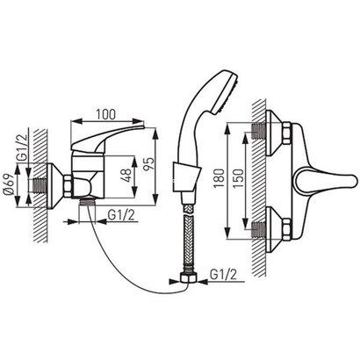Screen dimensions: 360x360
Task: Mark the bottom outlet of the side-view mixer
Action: tap(89, 203)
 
